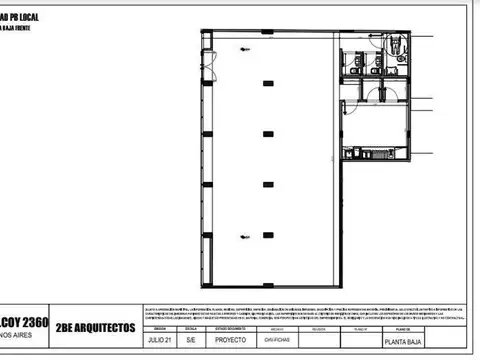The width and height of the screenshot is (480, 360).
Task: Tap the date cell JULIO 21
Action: pos(157,339)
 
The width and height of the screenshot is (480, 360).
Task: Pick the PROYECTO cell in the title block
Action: pos(232,339)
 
